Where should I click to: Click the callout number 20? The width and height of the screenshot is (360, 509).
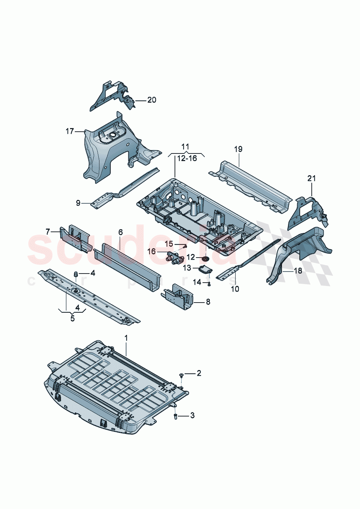point(152,100)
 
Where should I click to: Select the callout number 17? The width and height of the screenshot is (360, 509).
point(70,131)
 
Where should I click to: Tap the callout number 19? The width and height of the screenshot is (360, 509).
point(238,149)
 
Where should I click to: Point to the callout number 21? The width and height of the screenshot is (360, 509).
point(311,178)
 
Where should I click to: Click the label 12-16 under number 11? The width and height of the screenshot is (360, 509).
point(187,158)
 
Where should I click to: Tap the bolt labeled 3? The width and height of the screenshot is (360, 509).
point(175,416)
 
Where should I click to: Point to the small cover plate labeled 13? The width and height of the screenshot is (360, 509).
point(206,269)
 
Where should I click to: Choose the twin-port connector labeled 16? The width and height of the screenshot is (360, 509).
point(175,259)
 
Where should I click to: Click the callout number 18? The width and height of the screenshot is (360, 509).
point(298,271)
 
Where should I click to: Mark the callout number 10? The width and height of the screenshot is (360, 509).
point(235,289)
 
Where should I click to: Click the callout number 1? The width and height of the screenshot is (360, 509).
point(126,338)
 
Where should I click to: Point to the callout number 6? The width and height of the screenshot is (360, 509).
point(120,232)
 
